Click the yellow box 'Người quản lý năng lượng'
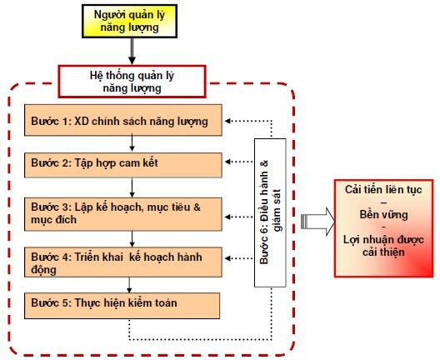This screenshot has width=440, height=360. (129, 21)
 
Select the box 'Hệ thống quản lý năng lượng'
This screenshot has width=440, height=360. (132, 82)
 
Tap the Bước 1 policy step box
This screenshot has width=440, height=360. (123, 120)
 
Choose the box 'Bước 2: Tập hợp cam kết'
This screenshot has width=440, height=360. (123, 165)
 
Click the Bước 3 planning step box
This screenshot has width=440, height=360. (123, 214)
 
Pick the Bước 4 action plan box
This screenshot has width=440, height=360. (123, 262)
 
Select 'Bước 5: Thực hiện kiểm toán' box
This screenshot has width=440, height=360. (122, 306)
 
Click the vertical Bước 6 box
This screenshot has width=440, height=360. (270, 212)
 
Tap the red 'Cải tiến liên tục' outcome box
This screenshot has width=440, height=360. (383, 228)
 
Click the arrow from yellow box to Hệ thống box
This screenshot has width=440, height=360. (132, 52)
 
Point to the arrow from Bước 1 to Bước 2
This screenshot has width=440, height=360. (132, 143)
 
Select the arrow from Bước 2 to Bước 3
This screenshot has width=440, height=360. (132, 187)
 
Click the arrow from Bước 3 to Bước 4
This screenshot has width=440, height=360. (132, 239)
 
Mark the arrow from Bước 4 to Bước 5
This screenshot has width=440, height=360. (129, 285)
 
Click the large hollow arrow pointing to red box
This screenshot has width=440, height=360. (318, 222)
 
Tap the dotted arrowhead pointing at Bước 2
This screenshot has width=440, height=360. (227, 162)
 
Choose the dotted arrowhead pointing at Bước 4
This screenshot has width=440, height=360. (227, 258)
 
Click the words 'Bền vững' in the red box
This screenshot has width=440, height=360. (383, 215)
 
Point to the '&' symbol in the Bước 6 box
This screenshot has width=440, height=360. (264, 163)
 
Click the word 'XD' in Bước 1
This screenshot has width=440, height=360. (82, 121)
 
